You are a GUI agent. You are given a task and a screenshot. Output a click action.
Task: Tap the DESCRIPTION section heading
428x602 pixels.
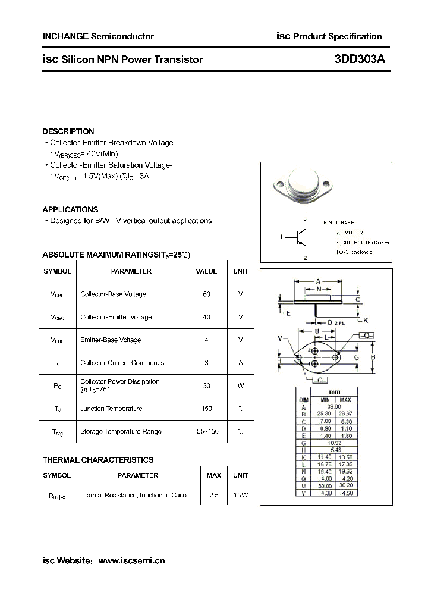click(x=68, y=131)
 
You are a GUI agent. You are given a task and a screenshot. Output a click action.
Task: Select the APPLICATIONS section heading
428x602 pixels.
click(x=70, y=209)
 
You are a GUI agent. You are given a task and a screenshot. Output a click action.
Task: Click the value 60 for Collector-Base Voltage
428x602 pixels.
click(x=206, y=294)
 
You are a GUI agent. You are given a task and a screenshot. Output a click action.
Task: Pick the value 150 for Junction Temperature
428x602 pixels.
click(x=206, y=409)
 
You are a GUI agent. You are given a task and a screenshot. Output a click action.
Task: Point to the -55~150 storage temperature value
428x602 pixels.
click(x=206, y=431)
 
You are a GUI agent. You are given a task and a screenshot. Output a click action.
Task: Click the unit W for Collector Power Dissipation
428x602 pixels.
click(x=241, y=385)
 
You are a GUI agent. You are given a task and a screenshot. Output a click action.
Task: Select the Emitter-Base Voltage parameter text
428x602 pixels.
click(x=111, y=340)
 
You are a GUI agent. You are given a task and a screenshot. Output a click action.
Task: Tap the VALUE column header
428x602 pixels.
click(x=206, y=271)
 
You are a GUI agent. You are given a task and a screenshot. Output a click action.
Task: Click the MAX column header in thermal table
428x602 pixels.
click(x=213, y=475)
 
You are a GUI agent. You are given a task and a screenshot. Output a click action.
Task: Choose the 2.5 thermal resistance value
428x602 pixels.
click(x=213, y=495)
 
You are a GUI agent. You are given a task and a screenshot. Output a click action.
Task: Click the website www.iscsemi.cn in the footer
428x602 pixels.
click(x=131, y=560)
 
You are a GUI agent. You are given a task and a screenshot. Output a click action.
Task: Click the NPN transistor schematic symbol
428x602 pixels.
click(x=301, y=238)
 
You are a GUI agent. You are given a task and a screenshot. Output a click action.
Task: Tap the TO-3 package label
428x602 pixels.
click(x=354, y=252)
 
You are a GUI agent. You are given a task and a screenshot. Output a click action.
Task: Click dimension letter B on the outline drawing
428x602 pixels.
click(x=373, y=357)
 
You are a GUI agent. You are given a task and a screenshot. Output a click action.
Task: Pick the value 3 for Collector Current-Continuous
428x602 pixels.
click(x=206, y=362)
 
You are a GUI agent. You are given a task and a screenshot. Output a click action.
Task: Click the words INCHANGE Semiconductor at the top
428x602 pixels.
click(x=98, y=36)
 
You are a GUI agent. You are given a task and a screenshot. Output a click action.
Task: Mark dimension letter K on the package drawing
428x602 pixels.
click(x=366, y=320)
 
